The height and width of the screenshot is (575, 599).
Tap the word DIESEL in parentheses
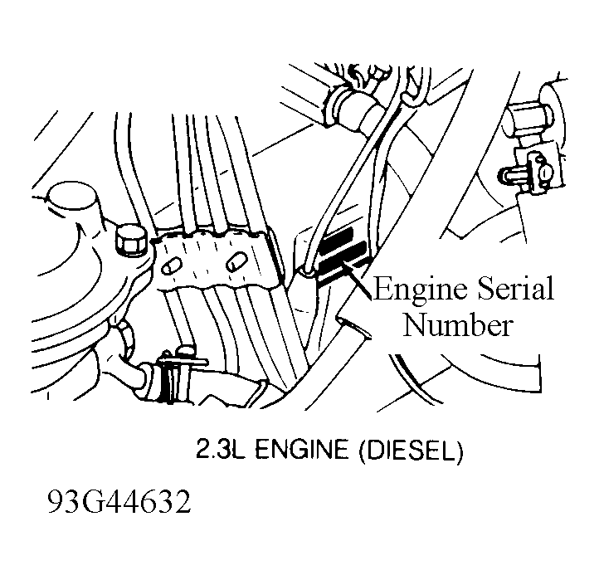(x=411, y=450)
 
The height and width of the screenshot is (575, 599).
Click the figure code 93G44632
(x=119, y=502)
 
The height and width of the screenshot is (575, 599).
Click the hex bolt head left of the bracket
(x=130, y=240)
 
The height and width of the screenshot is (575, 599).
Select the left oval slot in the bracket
(x=171, y=266)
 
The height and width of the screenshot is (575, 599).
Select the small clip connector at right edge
(x=529, y=171)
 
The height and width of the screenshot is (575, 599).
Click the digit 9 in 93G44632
(x=56, y=502)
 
